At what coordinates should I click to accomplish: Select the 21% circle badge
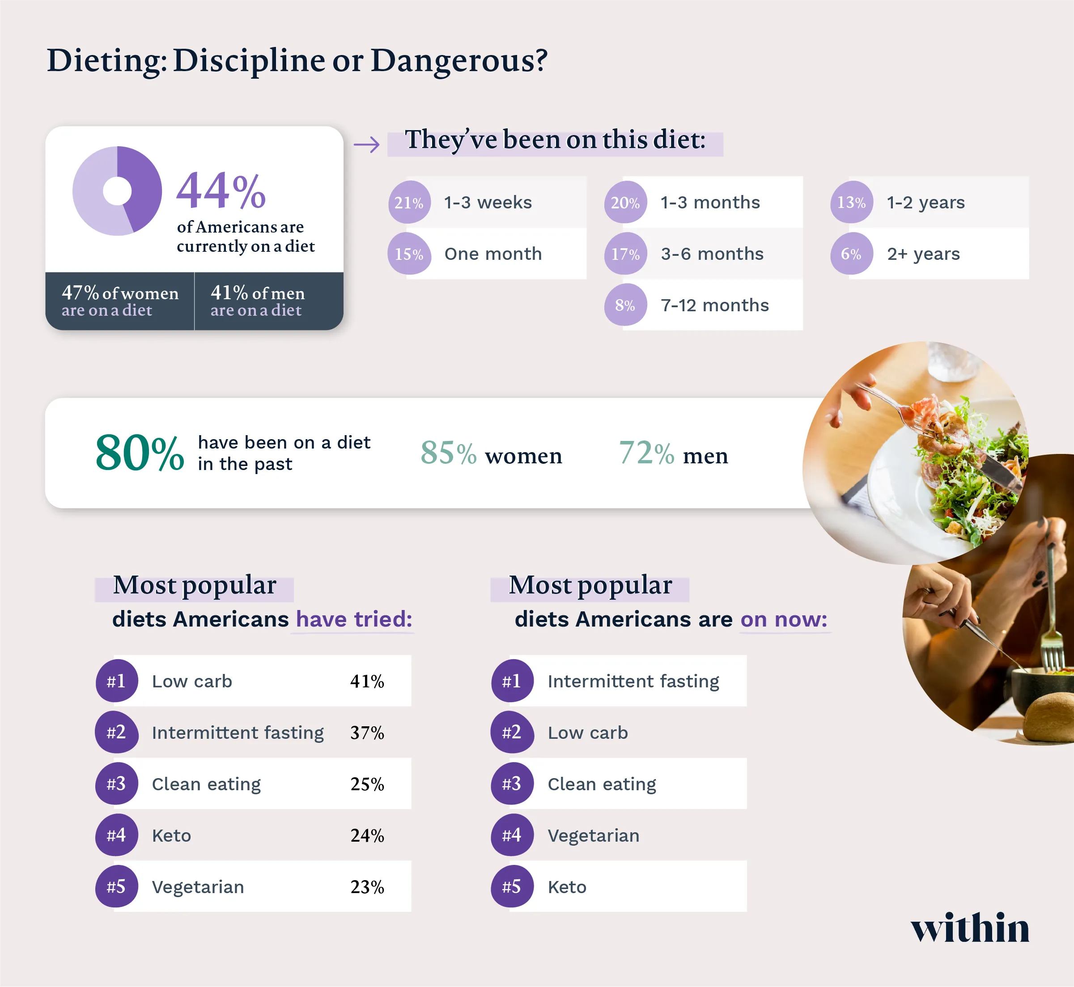[409, 203]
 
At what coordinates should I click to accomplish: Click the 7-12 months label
[714, 305]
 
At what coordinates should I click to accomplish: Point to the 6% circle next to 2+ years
[851, 254]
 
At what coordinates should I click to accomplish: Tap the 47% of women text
[120, 293]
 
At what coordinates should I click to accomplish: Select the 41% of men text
[258, 293]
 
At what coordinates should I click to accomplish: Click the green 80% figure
[140, 453]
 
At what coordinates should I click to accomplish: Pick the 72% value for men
[646, 453]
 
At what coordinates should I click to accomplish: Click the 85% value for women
[448, 453]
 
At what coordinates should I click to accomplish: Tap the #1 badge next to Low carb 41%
[116, 681]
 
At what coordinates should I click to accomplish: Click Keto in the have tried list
[171, 835]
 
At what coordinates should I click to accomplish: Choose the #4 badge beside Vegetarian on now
[512, 835]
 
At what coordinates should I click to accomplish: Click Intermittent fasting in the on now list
[633, 681]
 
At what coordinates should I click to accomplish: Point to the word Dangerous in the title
[459, 60]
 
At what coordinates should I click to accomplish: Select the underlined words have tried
[354, 619]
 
